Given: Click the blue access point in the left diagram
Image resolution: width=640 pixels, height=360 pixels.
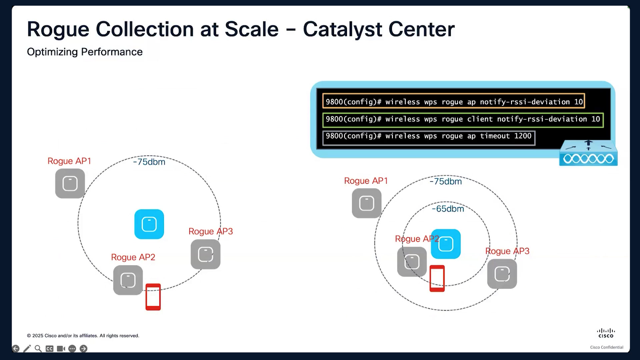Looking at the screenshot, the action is pos(149,224).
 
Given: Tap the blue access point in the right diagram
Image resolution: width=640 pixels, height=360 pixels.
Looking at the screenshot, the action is pos(446,244).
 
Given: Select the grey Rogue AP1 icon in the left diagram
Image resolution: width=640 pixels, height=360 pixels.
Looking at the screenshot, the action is pos(70,183).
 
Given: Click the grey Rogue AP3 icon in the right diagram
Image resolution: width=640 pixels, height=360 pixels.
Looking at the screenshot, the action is pos(502,274).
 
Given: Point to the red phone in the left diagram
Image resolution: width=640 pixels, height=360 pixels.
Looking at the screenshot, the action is pos(153,297).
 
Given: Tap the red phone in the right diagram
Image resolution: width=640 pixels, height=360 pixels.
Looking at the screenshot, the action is pos(437,279).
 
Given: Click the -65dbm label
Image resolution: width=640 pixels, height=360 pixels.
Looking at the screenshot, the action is pos(448,209).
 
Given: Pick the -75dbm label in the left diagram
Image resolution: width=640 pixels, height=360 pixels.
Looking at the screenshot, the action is pos(149,162).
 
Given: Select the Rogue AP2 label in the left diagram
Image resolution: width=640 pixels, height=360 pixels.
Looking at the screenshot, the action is pos(133,257).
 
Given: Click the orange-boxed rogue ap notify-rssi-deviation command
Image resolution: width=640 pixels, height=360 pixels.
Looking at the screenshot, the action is pos(454,101).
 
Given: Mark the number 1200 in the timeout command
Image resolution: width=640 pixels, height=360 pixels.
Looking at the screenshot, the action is pos(523,136).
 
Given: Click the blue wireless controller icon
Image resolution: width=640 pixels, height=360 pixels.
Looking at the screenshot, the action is pos(588,153).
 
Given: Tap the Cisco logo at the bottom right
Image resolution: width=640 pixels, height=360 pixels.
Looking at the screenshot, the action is pos(606,333).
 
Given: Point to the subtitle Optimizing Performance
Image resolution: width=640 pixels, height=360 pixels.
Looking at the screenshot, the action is pos(85,52).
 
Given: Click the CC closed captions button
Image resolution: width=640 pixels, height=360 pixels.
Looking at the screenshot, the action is pos(49,349).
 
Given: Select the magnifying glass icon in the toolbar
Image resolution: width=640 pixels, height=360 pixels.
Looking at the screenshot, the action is pos(38,349).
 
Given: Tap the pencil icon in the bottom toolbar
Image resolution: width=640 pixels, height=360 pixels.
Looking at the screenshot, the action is pos(27,349).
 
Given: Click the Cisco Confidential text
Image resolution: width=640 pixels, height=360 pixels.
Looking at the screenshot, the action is pos(607,347).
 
